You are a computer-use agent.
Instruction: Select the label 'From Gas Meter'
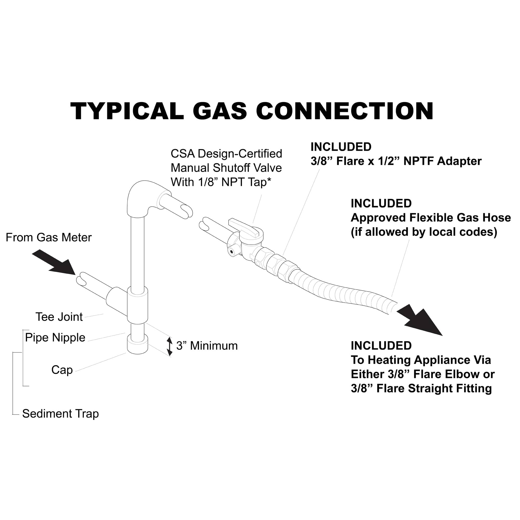pos(48,238)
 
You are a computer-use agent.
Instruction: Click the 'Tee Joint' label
pos(59,317)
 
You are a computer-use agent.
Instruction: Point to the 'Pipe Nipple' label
pos(55,337)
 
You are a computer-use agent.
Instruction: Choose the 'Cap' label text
pos(62,370)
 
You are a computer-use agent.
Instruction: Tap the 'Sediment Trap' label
pos(60,414)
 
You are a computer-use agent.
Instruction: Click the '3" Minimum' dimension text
pos(207,346)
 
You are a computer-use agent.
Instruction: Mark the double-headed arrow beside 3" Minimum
pos(169,347)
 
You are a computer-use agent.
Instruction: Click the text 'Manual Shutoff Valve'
pos(226,168)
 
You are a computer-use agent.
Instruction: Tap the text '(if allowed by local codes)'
pos(424,232)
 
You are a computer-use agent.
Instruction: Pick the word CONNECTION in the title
pos(345,111)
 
